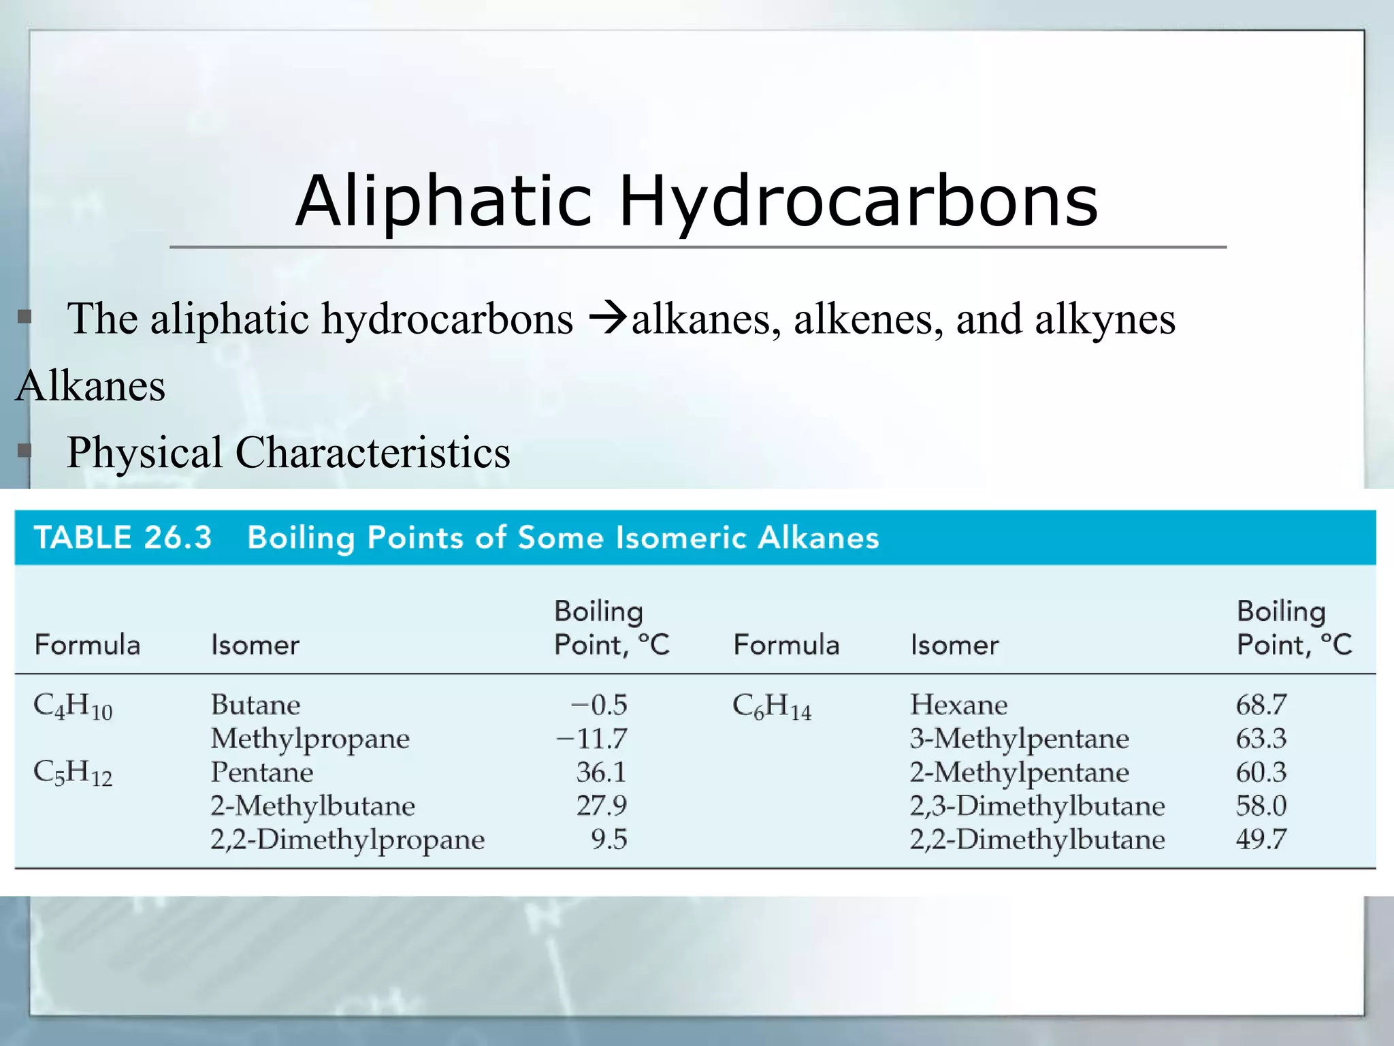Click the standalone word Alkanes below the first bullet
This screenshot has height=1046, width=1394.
point(91,386)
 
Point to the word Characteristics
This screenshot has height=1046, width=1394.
point(372,453)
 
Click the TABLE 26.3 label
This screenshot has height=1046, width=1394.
point(123,537)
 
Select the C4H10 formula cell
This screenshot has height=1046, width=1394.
point(73,706)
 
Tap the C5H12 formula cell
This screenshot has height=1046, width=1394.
point(73,773)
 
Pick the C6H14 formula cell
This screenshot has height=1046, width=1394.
point(772,706)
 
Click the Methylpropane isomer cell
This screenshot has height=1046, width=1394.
point(310,739)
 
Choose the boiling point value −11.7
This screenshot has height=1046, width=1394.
point(591,738)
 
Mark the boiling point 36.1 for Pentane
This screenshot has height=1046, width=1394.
point(601,772)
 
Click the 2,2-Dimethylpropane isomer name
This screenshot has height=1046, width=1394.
point(347,840)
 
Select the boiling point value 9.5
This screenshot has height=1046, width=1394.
point(609,839)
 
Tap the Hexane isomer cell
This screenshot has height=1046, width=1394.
point(958,705)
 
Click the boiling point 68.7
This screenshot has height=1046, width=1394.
point(1261,705)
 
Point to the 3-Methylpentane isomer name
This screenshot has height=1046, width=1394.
point(1019,739)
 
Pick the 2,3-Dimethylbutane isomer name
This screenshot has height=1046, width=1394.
point(1037,806)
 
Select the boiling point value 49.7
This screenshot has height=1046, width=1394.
point(1261,839)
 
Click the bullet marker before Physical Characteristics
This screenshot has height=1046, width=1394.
point(25,451)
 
